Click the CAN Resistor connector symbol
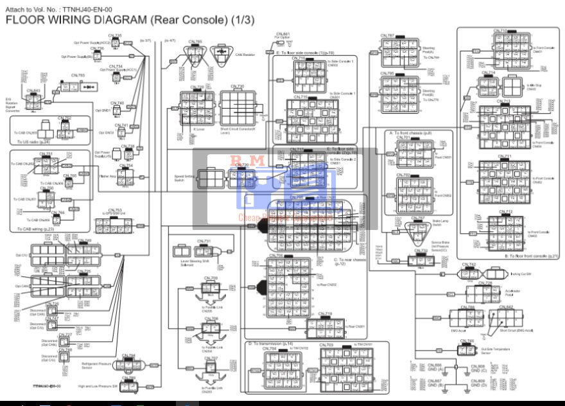click(220, 55)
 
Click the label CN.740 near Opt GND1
click(117, 103)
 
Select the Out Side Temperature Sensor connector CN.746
click(466, 350)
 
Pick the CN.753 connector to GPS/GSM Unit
click(114, 225)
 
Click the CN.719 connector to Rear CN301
click(326, 328)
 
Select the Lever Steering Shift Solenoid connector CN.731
click(204, 251)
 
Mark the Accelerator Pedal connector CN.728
click(482, 295)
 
